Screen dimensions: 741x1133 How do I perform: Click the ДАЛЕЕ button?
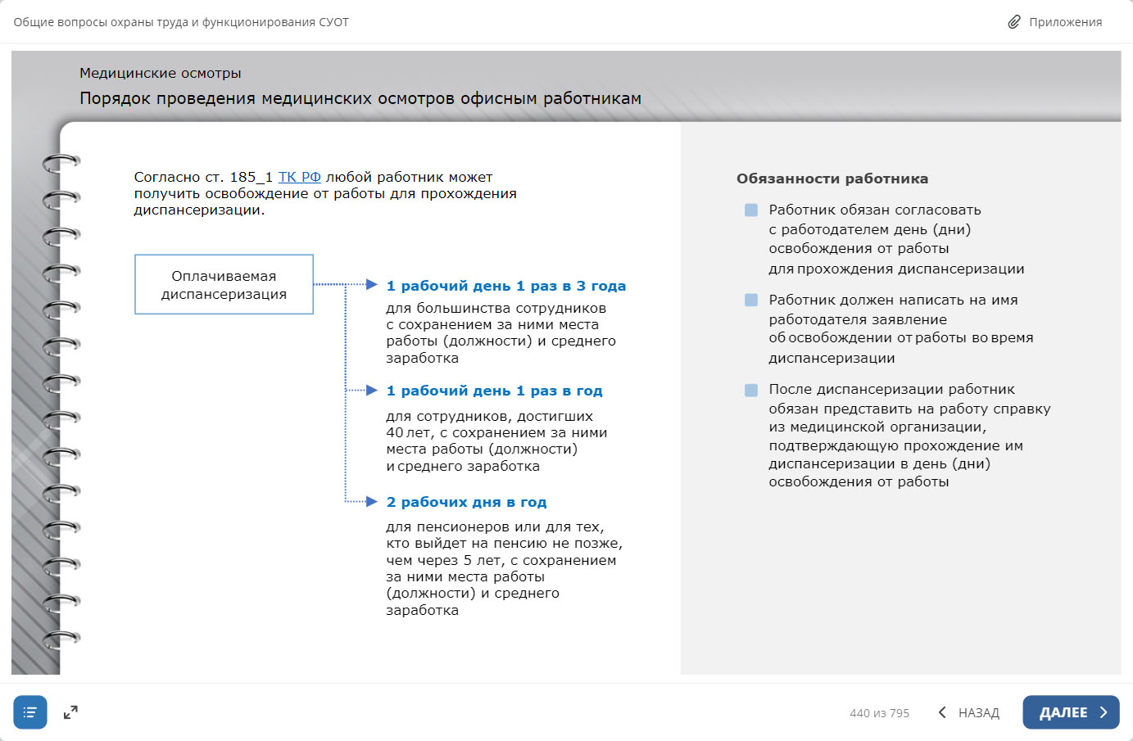coord(1070,712)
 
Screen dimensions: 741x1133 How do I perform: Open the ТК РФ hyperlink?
coord(299,177)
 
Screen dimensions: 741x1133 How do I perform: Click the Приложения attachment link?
coord(1065,22)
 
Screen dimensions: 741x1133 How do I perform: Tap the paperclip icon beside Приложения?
coord(1014,22)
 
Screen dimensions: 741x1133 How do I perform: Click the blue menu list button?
coord(30,712)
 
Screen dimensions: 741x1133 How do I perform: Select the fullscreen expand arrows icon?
coord(70,712)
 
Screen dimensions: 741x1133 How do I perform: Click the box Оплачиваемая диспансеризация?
coord(224,284)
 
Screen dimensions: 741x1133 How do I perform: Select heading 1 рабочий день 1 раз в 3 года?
coord(505,286)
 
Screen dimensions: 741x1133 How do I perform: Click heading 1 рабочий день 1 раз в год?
coord(494,391)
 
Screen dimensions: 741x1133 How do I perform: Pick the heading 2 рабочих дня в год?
coord(466,502)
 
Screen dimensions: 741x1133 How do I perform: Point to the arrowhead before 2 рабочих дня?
coord(371,501)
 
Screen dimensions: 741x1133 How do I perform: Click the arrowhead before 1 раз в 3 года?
coord(371,285)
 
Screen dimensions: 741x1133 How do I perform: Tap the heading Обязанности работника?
coord(832,178)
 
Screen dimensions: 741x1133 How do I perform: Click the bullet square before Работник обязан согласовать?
coord(751,210)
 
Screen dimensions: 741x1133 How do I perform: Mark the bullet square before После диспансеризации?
coord(751,390)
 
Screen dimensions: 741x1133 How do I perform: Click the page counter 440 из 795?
coord(879,713)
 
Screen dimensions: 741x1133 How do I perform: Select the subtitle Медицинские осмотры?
coord(160,73)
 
